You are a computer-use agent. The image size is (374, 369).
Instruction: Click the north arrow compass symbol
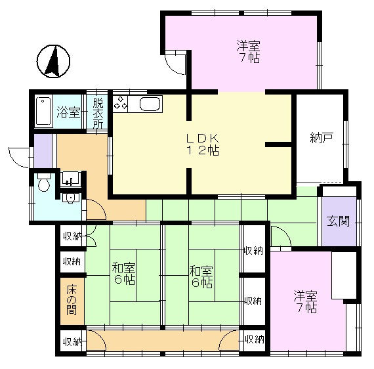point(53,61)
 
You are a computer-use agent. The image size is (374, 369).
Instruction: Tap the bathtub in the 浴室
point(44,111)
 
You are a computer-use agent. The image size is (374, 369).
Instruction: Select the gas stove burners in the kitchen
point(120,104)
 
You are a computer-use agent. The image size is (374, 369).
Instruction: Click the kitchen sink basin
point(150,104)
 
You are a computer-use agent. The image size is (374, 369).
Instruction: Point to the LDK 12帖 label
point(202,144)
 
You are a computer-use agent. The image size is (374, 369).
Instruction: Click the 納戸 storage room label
point(322,138)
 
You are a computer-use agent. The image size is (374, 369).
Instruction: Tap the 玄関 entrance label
point(338,221)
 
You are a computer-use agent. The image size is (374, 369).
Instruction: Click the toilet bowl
point(44,183)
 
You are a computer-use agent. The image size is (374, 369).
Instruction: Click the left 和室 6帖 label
point(124,274)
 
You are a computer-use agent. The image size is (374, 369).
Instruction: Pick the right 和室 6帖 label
point(201,277)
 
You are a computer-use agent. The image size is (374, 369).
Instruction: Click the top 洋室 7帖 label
point(248,52)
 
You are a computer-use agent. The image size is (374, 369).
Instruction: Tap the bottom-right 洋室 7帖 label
point(305,301)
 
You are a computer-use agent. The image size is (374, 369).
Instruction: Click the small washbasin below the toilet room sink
point(70,198)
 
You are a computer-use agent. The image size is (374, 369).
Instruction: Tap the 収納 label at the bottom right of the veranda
point(255,339)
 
